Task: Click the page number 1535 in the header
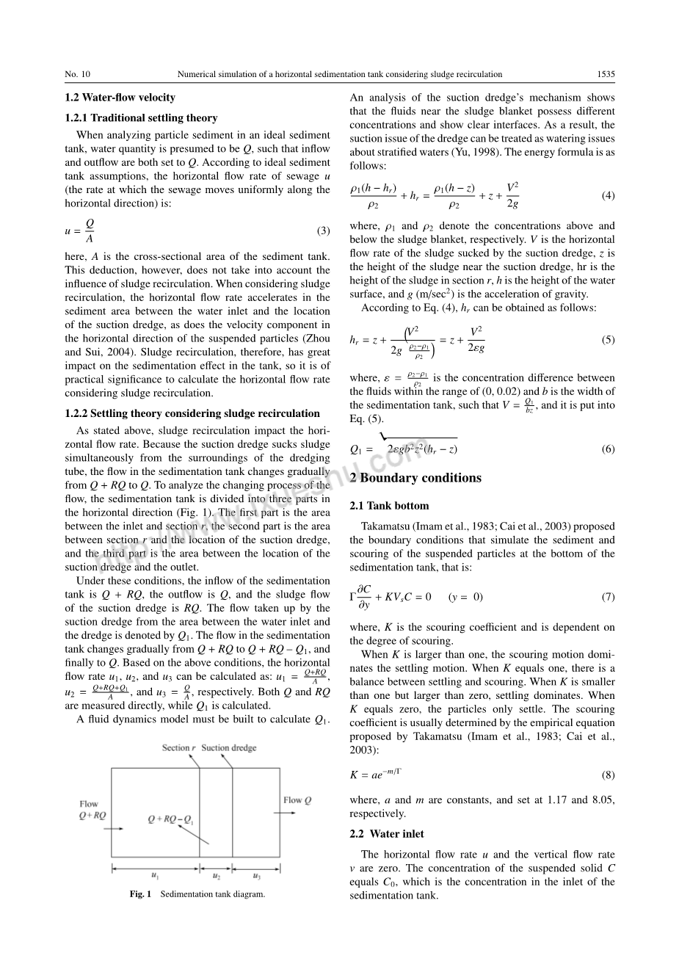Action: pos(606,74)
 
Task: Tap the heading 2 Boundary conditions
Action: pos(415,478)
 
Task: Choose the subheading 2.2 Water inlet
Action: pos(387,834)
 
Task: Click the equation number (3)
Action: pos(323,231)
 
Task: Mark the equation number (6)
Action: pos(608,449)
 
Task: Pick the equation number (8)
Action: pos(608,775)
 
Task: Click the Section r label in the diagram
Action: pos(178,748)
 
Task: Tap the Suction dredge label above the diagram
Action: pos(229,748)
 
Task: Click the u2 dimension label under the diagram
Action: pos(217,876)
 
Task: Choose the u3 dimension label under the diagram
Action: pos(256,876)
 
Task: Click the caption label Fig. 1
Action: pos(140,894)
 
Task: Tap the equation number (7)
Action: pos(608,597)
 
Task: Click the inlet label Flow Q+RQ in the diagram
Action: pos(92,809)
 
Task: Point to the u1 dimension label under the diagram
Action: pos(155,876)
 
